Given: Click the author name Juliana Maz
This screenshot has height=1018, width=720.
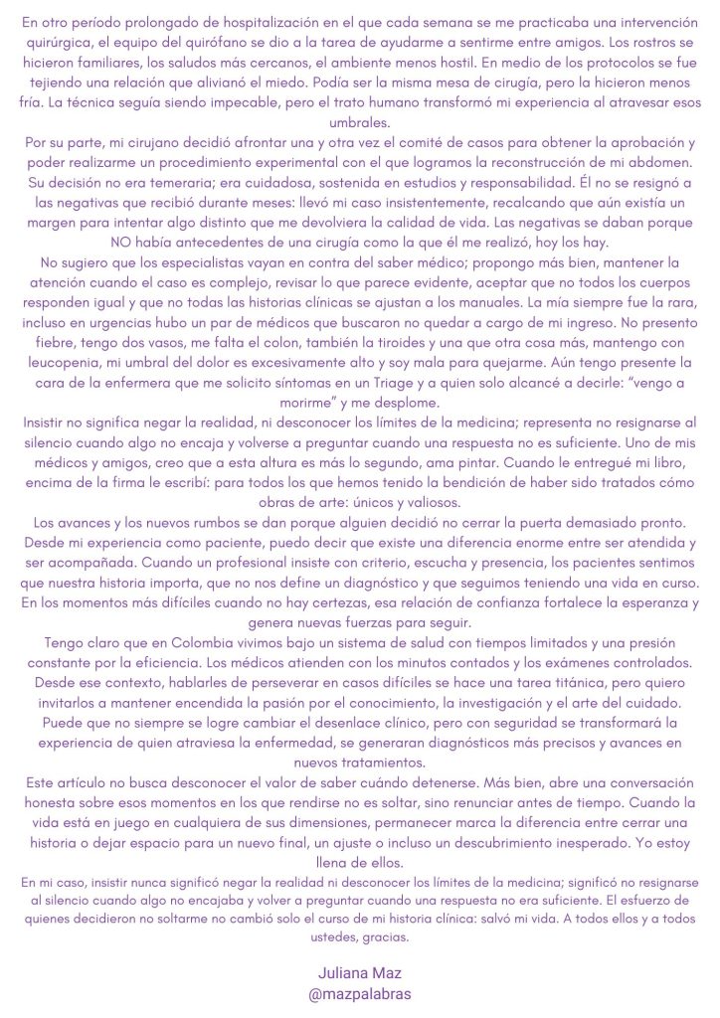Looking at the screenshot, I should pos(359,973).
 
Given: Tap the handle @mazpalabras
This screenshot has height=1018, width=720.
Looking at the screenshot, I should pos(359,993).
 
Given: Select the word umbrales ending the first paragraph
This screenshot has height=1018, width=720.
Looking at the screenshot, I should pos(359,122).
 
